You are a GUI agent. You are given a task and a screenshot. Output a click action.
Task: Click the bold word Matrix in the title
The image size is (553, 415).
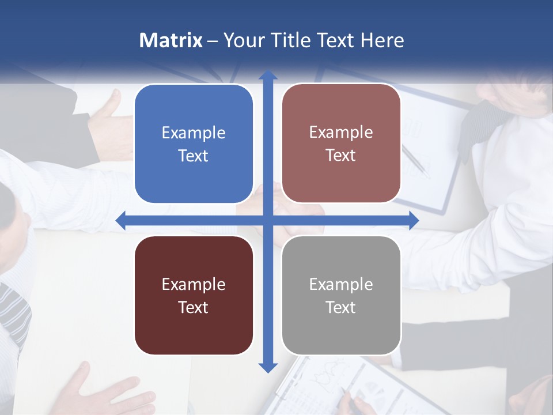[x=171, y=40]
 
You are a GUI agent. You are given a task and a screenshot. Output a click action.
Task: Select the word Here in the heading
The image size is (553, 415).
[x=382, y=40]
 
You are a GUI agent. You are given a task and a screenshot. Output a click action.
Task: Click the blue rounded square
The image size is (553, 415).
[x=194, y=144]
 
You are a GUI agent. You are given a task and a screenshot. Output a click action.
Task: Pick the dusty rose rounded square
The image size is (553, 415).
[x=341, y=144]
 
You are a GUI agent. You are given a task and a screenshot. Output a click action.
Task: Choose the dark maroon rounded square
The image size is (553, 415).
[x=194, y=295]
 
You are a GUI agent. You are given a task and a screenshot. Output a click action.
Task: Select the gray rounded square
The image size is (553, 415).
[x=341, y=295]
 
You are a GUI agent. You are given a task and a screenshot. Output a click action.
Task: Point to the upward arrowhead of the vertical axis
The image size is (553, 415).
[x=268, y=75]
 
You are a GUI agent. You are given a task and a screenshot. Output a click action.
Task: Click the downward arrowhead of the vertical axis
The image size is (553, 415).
[x=268, y=367]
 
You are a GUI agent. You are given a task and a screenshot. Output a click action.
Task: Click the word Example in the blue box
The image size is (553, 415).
[x=194, y=133]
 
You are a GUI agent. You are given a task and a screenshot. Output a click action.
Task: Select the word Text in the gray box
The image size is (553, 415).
[x=341, y=307]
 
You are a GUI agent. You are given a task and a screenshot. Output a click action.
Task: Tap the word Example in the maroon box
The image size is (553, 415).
[x=194, y=284]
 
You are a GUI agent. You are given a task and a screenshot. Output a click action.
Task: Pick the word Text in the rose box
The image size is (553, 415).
[x=341, y=156]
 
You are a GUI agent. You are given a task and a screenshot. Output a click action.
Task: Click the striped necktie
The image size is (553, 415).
[x=14, y=311]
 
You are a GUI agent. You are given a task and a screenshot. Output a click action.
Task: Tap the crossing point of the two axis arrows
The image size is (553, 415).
[x=268, y=220]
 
